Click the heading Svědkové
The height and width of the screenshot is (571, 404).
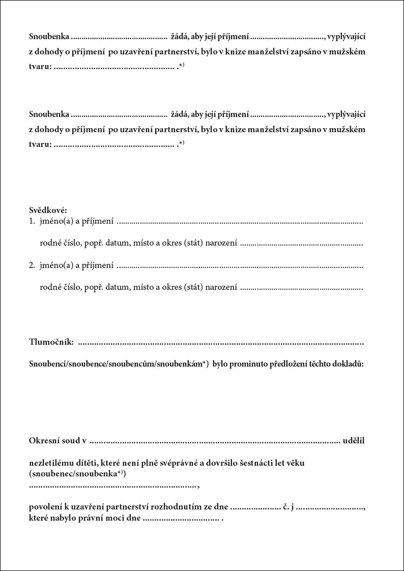48,210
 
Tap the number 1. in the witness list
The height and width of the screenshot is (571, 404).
32,221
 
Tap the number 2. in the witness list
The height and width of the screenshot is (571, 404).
32,265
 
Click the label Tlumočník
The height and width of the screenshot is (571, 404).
51,341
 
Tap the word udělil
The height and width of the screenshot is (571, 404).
354,440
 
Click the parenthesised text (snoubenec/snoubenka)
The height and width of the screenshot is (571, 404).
77,473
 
